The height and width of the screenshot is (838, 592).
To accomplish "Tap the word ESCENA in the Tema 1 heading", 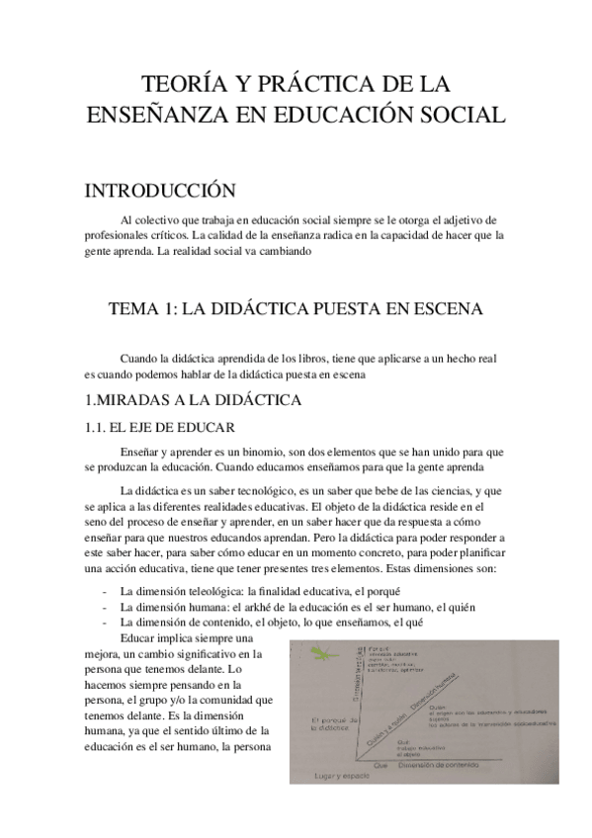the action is (x=450, y=309).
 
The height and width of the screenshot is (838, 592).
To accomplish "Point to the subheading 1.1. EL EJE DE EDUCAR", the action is (x=159, y=427).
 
